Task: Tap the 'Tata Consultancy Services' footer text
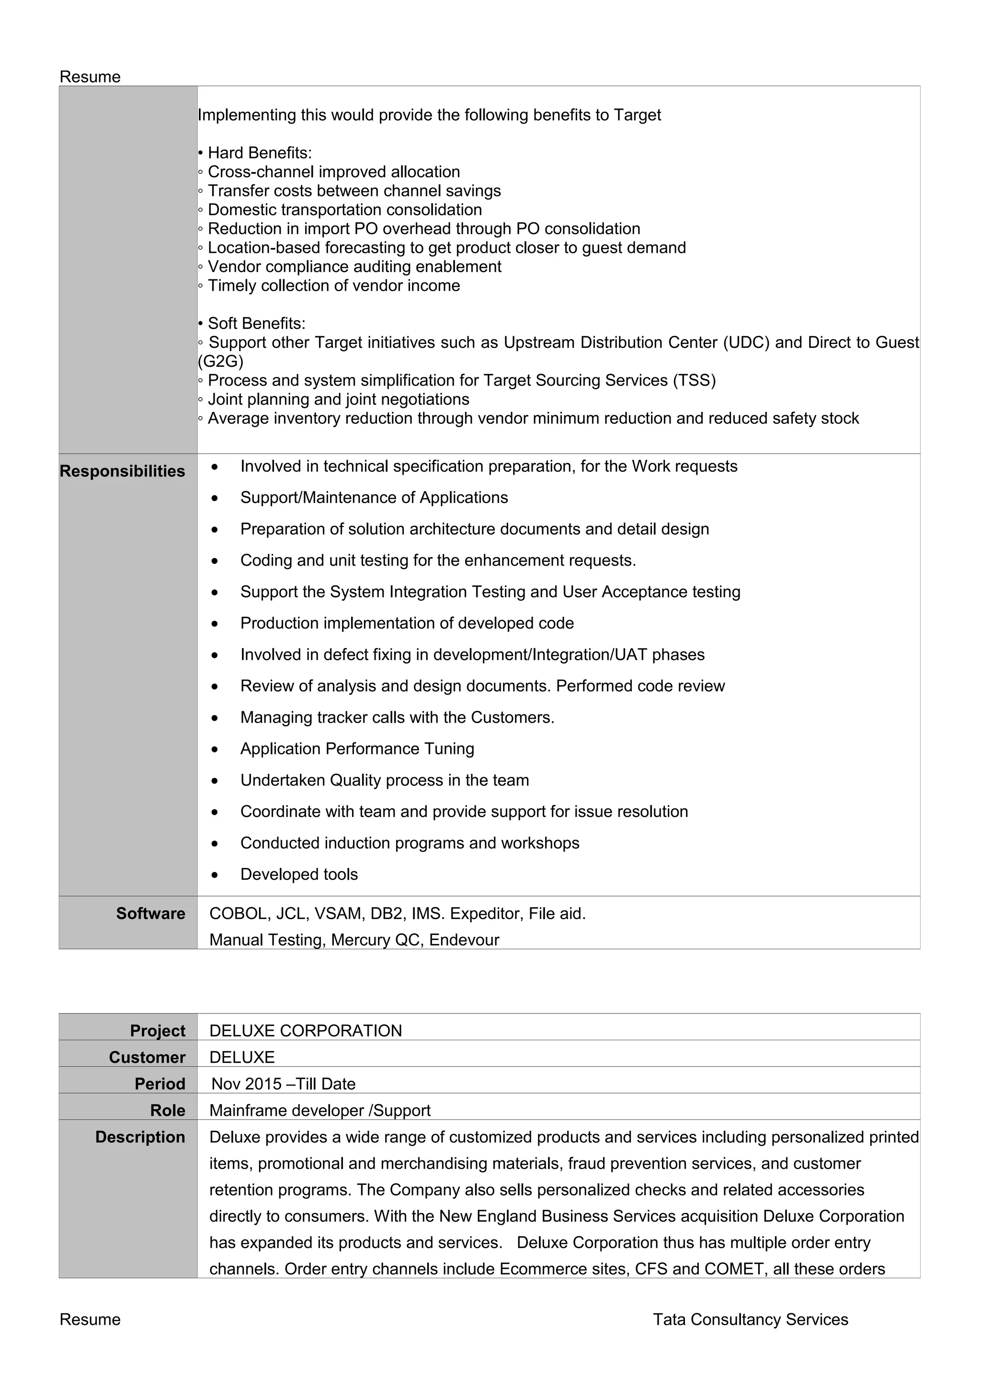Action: (x=750, y=1319)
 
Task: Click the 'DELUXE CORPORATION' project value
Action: (x=305, y=1031)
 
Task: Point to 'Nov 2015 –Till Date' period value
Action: (x=283, y=1084)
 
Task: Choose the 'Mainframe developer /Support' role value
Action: (x=320, y=1111)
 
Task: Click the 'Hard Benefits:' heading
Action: (x=259, y=153)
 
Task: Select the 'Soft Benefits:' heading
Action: (x=256, y=323)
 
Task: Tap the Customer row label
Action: (x=147, y=1058)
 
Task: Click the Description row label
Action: (x=140, y=1137)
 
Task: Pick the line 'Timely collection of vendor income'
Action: (x=334, y=285)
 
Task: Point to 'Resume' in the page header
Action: (x=90, y=77)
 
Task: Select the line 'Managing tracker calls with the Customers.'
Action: (x=397, y=717)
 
